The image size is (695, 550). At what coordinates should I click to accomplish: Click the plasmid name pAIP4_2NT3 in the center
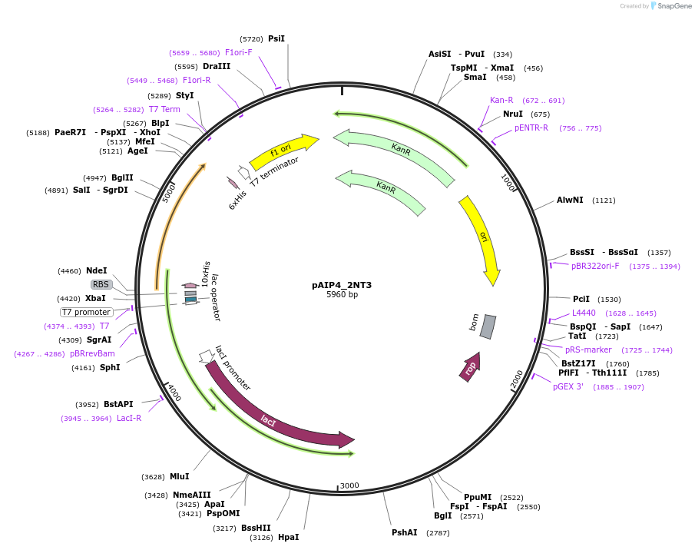point(342,285)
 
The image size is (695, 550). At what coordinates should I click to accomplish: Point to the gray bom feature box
point(488,326)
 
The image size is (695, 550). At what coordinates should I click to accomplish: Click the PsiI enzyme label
point(276,38)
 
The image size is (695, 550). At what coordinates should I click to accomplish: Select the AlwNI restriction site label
point(570,200)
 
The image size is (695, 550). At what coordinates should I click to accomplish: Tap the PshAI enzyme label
point(405,532)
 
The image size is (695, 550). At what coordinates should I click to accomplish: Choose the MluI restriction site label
point(180,476)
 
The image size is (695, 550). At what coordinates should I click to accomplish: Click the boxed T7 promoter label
point(87,312)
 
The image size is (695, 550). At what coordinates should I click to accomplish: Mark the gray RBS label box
point(101,284)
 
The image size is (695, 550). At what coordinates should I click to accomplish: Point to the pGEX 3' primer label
point(568,386)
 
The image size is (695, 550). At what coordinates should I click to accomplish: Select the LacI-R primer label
point(129,418)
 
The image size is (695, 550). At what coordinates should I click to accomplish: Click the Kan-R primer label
point(501,100)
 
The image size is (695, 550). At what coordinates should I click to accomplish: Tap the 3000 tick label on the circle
point(349,485)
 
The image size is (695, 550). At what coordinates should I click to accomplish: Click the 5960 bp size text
point(342,294)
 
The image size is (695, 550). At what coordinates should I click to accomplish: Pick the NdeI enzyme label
point(97,270)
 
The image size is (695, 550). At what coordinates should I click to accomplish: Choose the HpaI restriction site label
point(289,537)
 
